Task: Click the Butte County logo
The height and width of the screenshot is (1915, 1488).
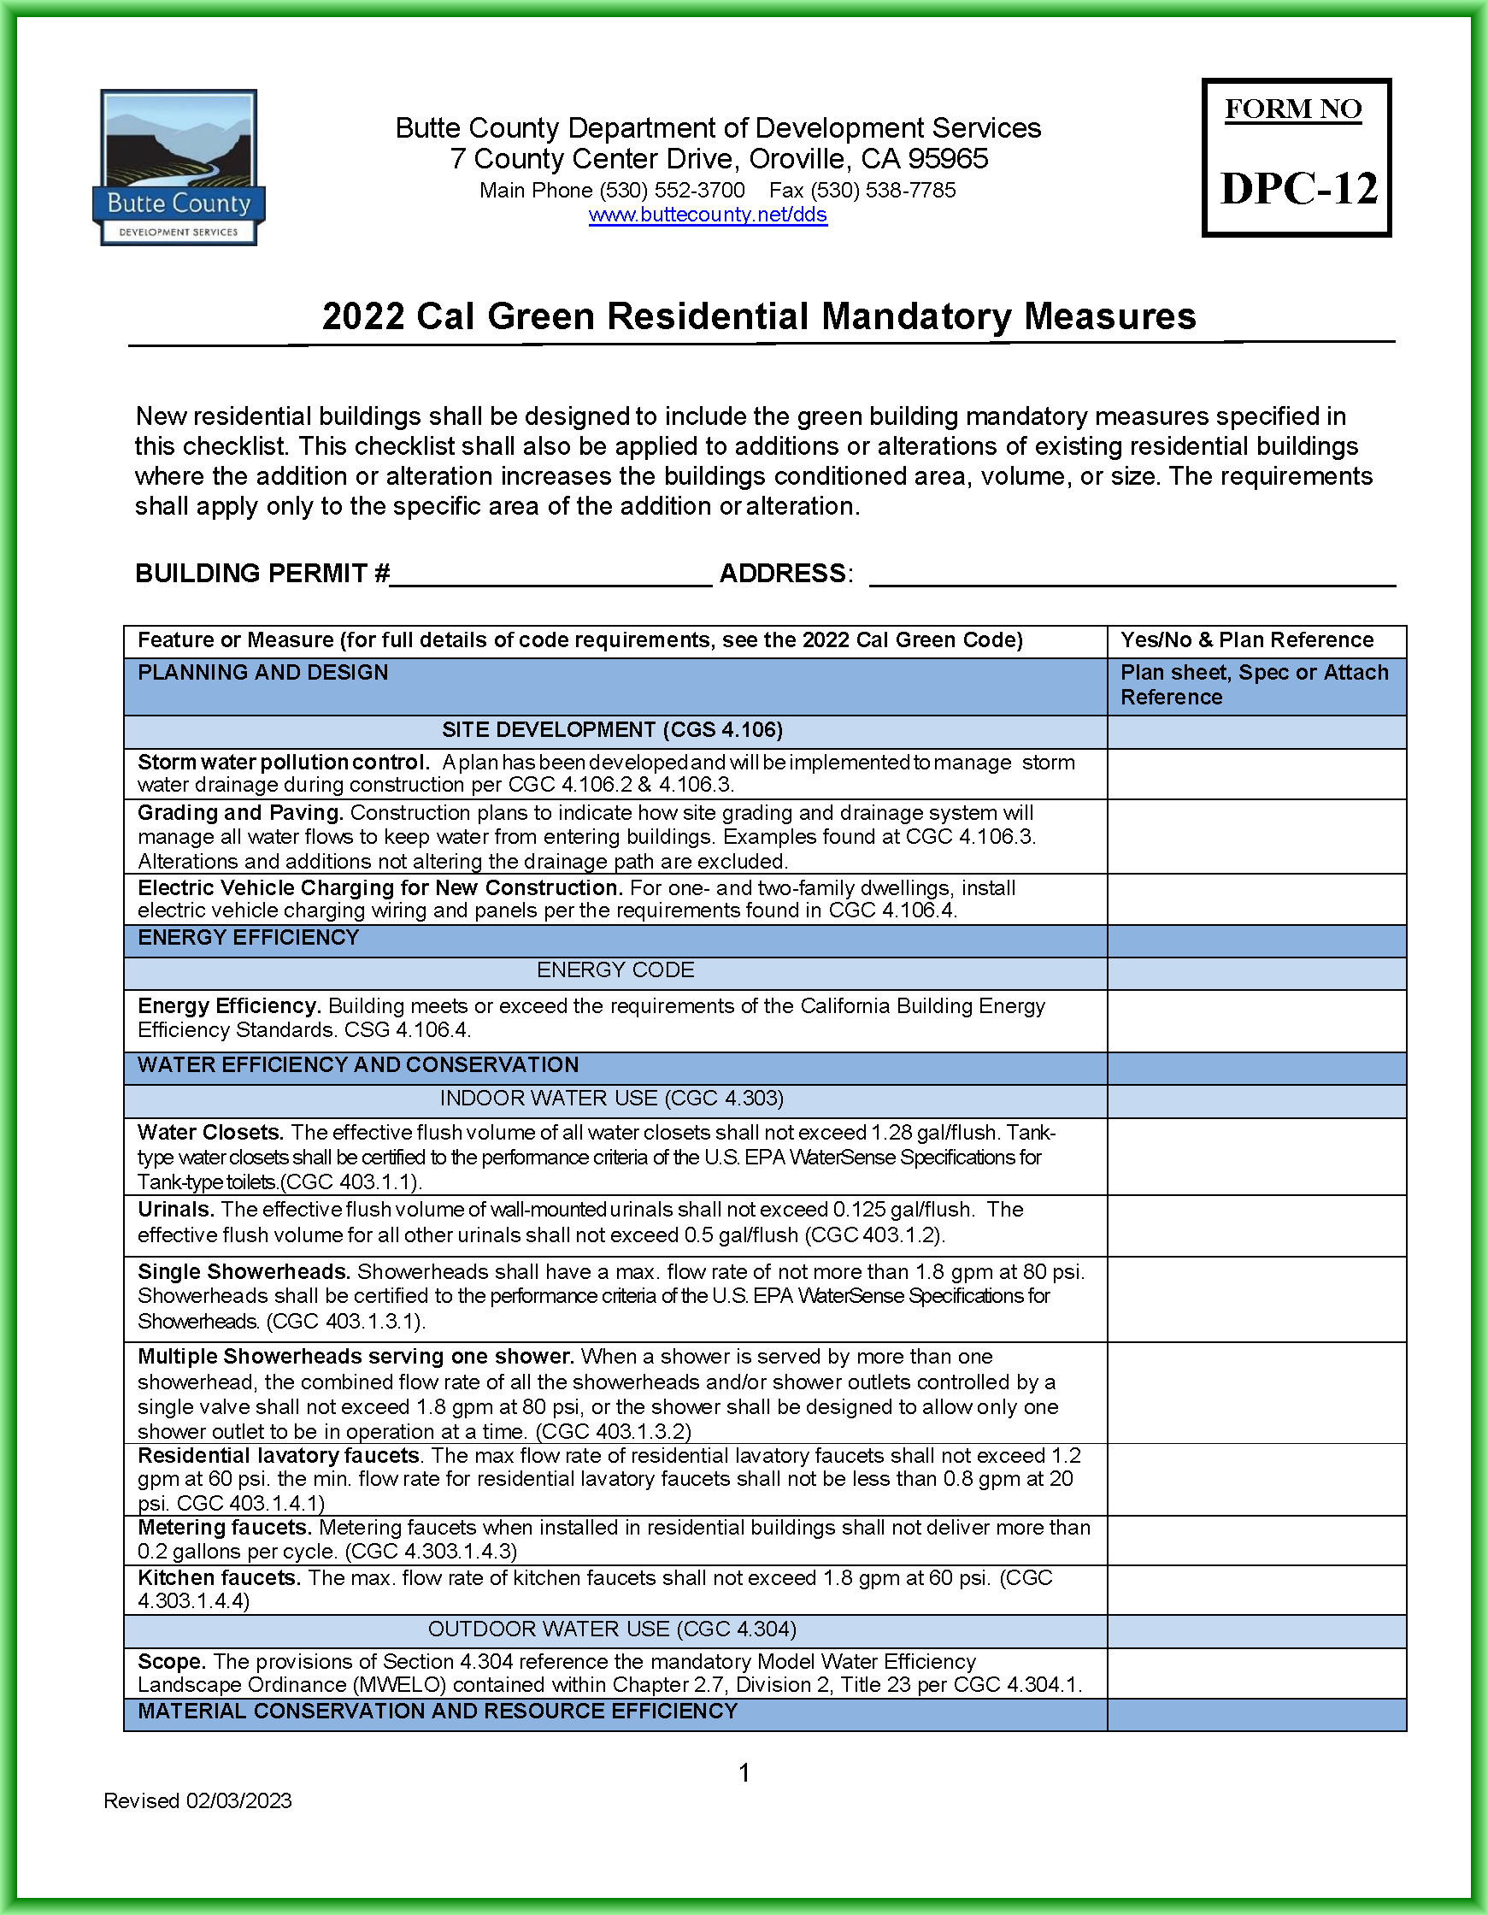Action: [179, 167]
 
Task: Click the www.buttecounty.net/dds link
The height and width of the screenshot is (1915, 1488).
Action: [708, 215]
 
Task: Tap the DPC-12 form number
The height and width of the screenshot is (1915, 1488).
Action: [1298, 189]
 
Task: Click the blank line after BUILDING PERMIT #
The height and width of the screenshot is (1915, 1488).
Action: [550, 576]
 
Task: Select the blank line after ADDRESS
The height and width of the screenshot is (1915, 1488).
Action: [1131, 576]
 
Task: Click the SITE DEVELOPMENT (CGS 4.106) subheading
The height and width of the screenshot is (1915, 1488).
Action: [612, 729]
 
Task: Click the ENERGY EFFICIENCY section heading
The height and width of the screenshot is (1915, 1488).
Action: [248, 937]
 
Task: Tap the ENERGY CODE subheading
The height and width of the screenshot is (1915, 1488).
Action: [615, 969]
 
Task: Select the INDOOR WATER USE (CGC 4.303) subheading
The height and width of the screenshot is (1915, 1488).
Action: [611, 1098]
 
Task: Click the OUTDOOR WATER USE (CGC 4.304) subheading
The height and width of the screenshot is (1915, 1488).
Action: [611, 1629]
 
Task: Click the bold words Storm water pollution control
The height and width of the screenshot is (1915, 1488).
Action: [282, 762]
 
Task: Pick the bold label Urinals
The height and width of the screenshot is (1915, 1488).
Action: [175, 1209]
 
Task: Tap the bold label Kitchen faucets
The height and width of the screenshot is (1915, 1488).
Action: [218, 1577]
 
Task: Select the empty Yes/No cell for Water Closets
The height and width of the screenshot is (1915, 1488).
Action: [1256, 1156]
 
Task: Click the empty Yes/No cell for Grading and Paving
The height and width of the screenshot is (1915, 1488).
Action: [1256, 835]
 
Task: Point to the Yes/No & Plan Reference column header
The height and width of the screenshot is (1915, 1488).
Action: [1246, 640]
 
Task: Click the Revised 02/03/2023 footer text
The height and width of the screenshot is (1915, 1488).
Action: [197, 1800]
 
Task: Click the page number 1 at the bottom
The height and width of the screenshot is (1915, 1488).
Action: [744, 1773]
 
